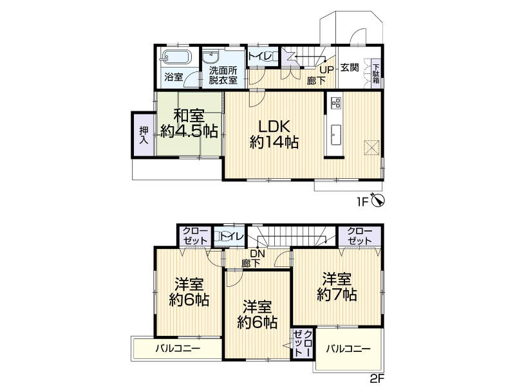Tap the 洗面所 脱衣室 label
click(223, 75)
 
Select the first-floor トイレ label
click(260, 57)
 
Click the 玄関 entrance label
click(349, 68)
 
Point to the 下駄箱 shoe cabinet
click(376, 74)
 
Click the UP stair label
click(327, 69)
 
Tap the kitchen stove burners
click(336, 102)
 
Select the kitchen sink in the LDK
click(336, 134)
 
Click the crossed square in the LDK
click(372, 147)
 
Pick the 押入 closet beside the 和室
click(144, 135)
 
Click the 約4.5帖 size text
click(189, 131)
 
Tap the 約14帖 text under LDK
click(274, 142)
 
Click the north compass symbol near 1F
click(378, 200)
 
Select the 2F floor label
click(377, 379)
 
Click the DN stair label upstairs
click(257, 253)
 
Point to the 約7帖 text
click(337, 295)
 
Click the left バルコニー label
click(178, 348)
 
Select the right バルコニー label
click(348, 349)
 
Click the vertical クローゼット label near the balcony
click(303, 344)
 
